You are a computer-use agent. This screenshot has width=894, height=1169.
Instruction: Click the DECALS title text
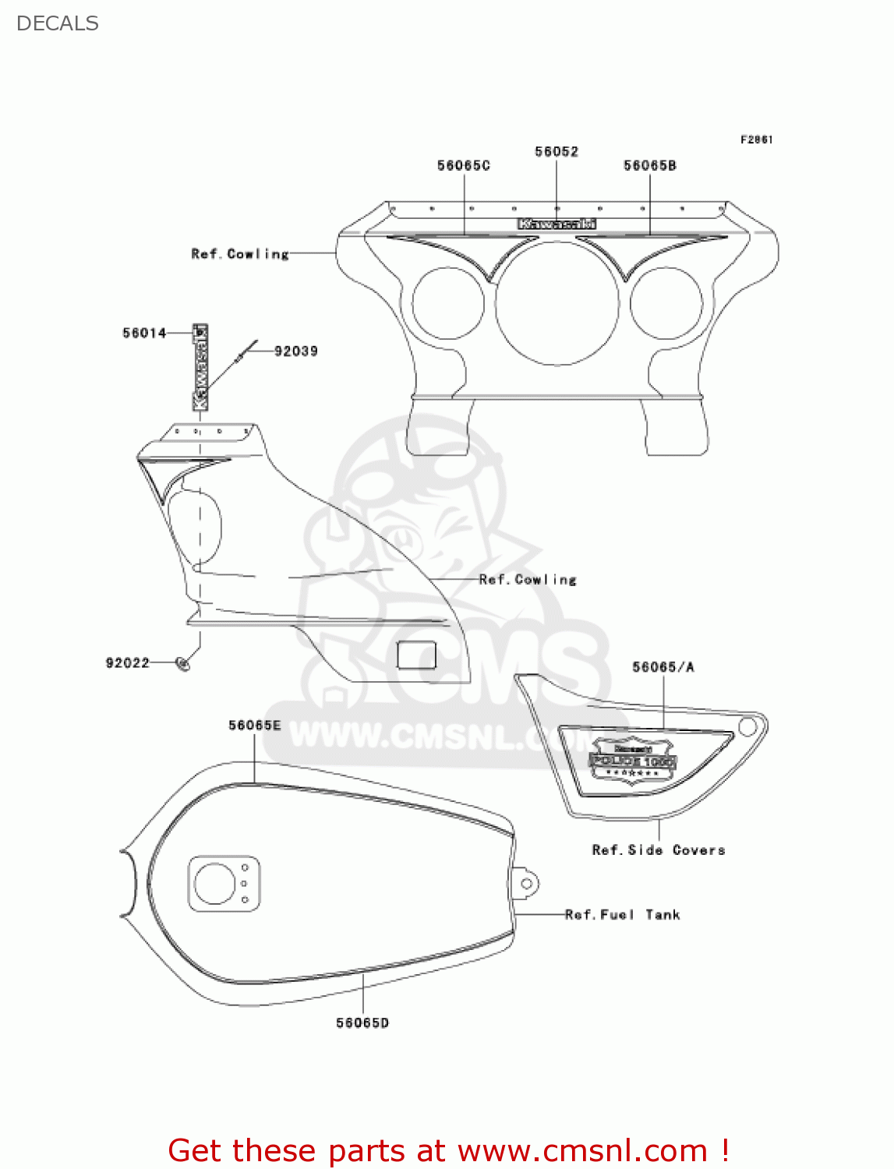click(x=57, y=23)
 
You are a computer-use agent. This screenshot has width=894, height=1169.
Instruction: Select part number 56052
click(x=556, y=151)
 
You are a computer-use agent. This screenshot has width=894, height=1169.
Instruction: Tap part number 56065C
click(x=463, y=165)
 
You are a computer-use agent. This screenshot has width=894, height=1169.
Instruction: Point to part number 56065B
click(x=649, y=165)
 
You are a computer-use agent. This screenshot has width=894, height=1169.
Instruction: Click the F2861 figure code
click(x=756, y=140)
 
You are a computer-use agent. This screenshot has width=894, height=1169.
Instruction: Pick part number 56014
click(x=144, y=333)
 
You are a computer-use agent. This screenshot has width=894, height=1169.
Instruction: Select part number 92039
click(x=295, y=351)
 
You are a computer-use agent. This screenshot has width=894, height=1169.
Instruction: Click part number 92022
click(x=127, y=662)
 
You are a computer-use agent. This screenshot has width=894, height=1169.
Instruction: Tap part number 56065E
click(x=254, y=725)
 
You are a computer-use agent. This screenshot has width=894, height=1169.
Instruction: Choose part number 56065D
click(x=362, y=1022)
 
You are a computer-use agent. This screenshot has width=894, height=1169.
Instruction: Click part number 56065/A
click(x=663, y=667)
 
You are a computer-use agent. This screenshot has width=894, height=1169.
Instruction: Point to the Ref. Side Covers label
click(x=658, y=849)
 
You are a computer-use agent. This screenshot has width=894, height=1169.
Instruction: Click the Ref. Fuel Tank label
click(x=622, y=914)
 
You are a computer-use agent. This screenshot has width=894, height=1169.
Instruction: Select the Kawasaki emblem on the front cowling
click(x=557, y=224)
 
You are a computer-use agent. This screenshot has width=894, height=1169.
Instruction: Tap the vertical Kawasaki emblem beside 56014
click(x=200, y=367)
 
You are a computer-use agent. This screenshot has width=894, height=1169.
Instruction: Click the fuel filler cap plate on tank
click(x=224, y=883)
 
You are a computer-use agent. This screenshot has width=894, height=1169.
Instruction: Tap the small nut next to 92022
click(x=183, y=663)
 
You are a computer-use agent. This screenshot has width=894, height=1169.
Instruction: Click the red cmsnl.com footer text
click(x=448, y=1150)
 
